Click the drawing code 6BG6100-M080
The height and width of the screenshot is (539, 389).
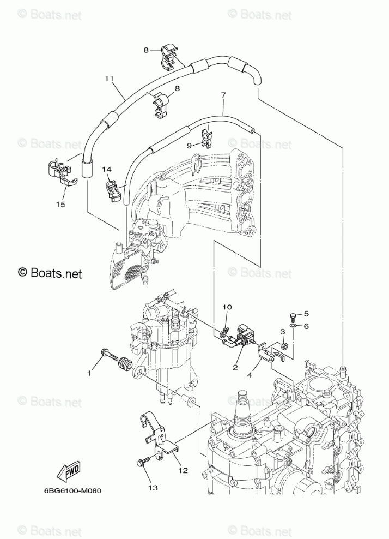tap(73, 490)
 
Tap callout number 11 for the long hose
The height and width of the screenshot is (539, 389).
tap(109, 79)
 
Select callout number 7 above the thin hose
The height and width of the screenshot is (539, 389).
tap(223, 95)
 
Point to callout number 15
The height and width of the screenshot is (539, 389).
tap(60, 204)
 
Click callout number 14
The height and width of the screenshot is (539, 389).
tap(107, 169)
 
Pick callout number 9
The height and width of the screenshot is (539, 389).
tap(189, 146)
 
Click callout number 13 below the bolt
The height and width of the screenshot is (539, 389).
tap(153, 487)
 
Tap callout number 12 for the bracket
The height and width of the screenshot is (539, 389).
tap(184, 470)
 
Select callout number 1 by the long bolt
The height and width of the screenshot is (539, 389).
tap(89, 373)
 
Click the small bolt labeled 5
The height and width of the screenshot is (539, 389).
tap(293, 315)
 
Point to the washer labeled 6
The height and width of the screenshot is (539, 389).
tap(293, 325)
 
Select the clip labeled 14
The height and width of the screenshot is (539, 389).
tap(113, 191)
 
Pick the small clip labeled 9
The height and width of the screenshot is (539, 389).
tap(206, 137)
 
